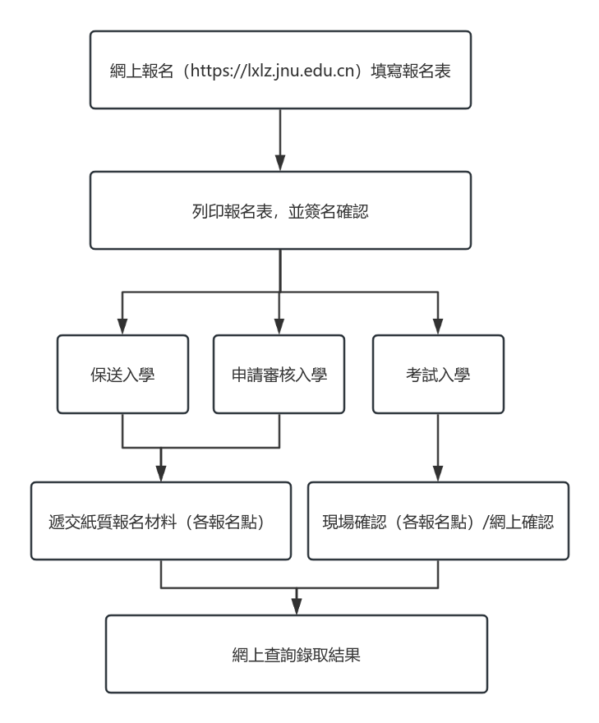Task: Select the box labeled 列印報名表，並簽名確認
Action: pyautogui.click(x=280, y=210)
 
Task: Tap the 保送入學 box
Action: pyautogui.click(x=122, y=374)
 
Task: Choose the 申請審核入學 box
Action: pyautogui.click(x=279, y=374)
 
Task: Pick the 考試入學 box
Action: pyautogui.click(x=438, y=374)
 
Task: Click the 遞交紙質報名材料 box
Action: pyautogui.click(x=161, y=521)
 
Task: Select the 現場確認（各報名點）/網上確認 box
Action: pyautogui.click(x=438, y=521)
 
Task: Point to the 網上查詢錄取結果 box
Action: pyautogui.click(x=297, y=654)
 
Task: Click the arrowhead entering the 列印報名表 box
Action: pyautogui.click(x=280, y=163)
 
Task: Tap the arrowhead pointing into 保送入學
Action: pyautogui.click(x=122, y=326)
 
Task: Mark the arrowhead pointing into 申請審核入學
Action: pyautogui.click(x=279, y=326)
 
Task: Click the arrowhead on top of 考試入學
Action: pyautogui.click(x=438, y=326)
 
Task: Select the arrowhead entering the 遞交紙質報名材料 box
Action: pyautogui.click(x=161, y=473)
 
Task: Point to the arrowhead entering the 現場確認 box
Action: pyautogui.click(x=438, y=473)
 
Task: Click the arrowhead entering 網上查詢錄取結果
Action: pyautogui.click(x=297, y=607)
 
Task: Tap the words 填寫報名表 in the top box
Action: pyautogui.click(x=411, y=71)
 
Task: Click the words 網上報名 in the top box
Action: pyautogui.click(x=142, y=71)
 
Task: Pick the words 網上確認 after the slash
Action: pyautogui.click(x=522, y=522)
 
